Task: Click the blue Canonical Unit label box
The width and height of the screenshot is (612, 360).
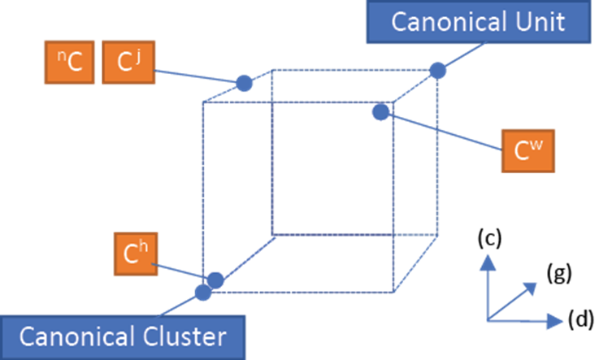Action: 477,22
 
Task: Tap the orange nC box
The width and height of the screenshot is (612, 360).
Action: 69,63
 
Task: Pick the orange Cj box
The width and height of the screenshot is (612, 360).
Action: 127,63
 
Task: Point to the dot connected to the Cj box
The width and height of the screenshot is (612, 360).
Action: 244,83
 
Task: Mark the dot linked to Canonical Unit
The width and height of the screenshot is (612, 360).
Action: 438,70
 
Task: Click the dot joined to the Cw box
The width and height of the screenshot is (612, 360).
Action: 380,112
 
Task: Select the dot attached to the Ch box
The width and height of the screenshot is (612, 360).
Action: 215,280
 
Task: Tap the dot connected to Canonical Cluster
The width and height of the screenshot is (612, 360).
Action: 203,293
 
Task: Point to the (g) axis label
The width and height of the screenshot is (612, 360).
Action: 558,274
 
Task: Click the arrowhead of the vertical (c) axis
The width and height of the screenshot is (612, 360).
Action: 488,260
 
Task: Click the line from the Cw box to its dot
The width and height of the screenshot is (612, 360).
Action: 443,131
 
